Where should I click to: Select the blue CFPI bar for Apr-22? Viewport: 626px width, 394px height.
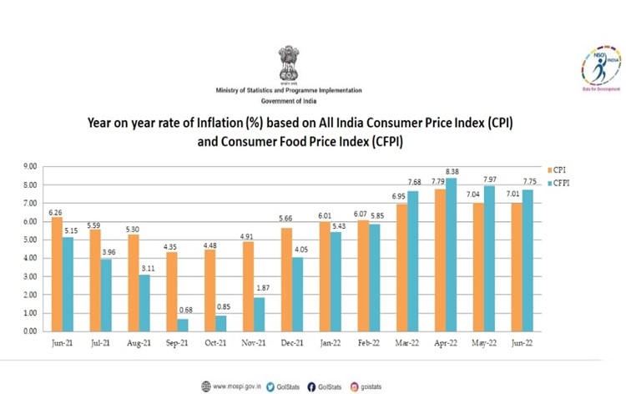pyautogui.click(x=451, y=255)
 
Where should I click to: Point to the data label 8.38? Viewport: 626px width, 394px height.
pyautogui.click(x=451, y=172)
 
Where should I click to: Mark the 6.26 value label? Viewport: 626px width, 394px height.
pyautogui.click(x=56, y=212)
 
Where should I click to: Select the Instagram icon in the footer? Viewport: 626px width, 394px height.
pyautogui.click(x=355, y=386)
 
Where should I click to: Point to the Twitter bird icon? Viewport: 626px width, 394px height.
pyautogui.click(x=270, y=386)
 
